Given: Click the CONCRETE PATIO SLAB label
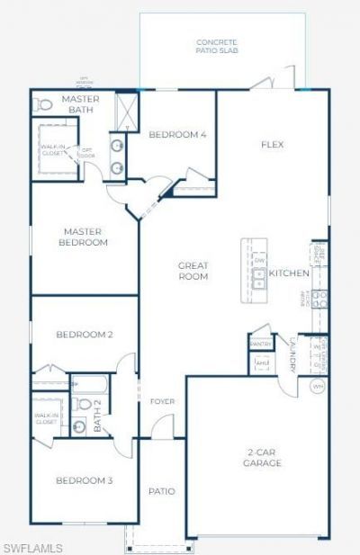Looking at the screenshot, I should [x=216, y=47].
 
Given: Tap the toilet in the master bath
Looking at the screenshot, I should [x=41, y=104].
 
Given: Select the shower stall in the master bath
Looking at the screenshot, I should [x=128, y=110].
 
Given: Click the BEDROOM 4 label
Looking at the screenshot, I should [x=177, y=135].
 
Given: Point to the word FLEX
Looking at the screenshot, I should [x=273, y=144].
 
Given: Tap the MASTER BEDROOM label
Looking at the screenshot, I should [x=84, y=237].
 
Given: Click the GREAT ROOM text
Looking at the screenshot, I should [x=193, y=271].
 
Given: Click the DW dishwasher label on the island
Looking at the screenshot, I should [x=259, y=261].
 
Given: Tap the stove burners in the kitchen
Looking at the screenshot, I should [x=319, y=296].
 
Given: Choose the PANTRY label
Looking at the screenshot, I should [x=260, y=344].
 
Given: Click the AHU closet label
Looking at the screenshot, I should [x=262, y=363].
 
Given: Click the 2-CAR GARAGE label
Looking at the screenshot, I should [x=263, y=458].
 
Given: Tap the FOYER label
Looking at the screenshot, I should [x=162, y=401].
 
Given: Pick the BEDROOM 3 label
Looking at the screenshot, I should [x=84, y=481].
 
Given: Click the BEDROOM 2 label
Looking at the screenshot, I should [x=84, y=335].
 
